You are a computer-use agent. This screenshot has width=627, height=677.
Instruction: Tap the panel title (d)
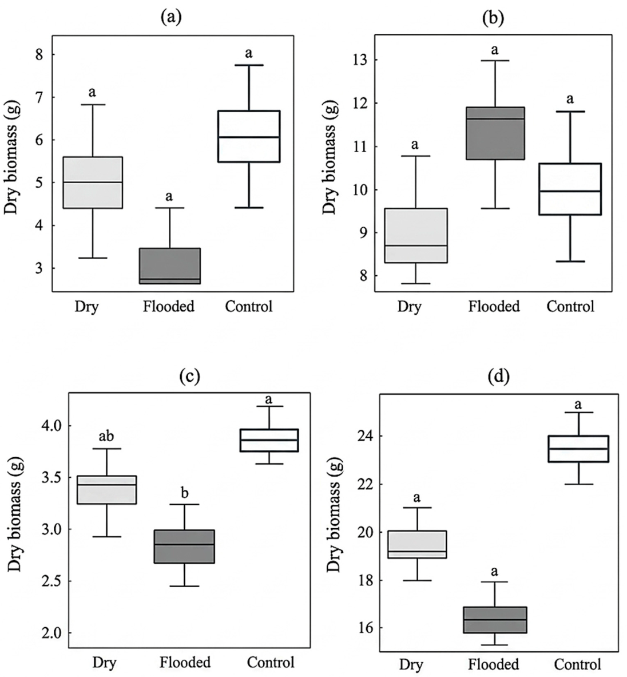coord(498,377)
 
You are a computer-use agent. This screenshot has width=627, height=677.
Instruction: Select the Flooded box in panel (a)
coord(169,266)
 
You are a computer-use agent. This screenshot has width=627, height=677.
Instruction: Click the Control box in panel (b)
coord(570,189)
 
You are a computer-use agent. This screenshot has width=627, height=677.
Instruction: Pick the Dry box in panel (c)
coord(106,490)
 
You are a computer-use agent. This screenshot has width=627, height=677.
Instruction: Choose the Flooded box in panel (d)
coord(494,620)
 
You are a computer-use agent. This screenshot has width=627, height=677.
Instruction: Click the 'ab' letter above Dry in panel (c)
coord(106,436)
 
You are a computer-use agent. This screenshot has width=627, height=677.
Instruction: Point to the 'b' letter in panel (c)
coord(185,493)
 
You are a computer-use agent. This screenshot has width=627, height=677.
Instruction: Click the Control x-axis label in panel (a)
coord(248,307)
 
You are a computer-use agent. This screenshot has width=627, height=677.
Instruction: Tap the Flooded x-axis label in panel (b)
coord(494,307)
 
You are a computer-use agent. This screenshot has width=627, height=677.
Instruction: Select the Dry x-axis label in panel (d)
coord(411,664)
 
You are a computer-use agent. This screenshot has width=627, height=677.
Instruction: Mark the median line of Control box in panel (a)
coord(249,137)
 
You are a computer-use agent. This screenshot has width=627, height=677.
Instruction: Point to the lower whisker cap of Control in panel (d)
coord(578,484)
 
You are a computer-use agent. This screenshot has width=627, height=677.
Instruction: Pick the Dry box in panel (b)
coord(416,235)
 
